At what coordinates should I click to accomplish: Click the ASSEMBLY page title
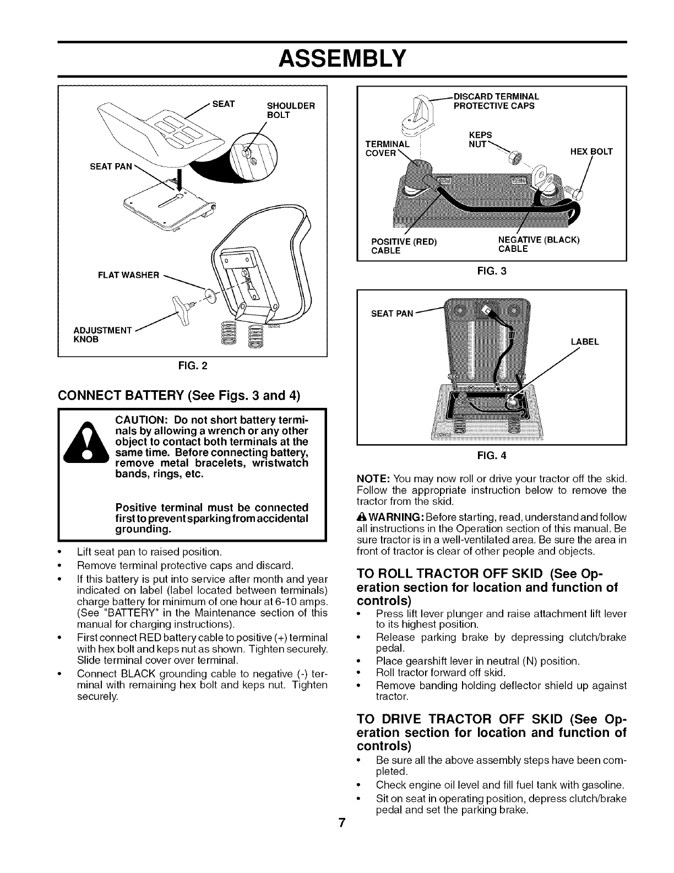336,57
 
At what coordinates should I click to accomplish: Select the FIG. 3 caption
491,271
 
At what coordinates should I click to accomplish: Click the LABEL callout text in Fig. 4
584,342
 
